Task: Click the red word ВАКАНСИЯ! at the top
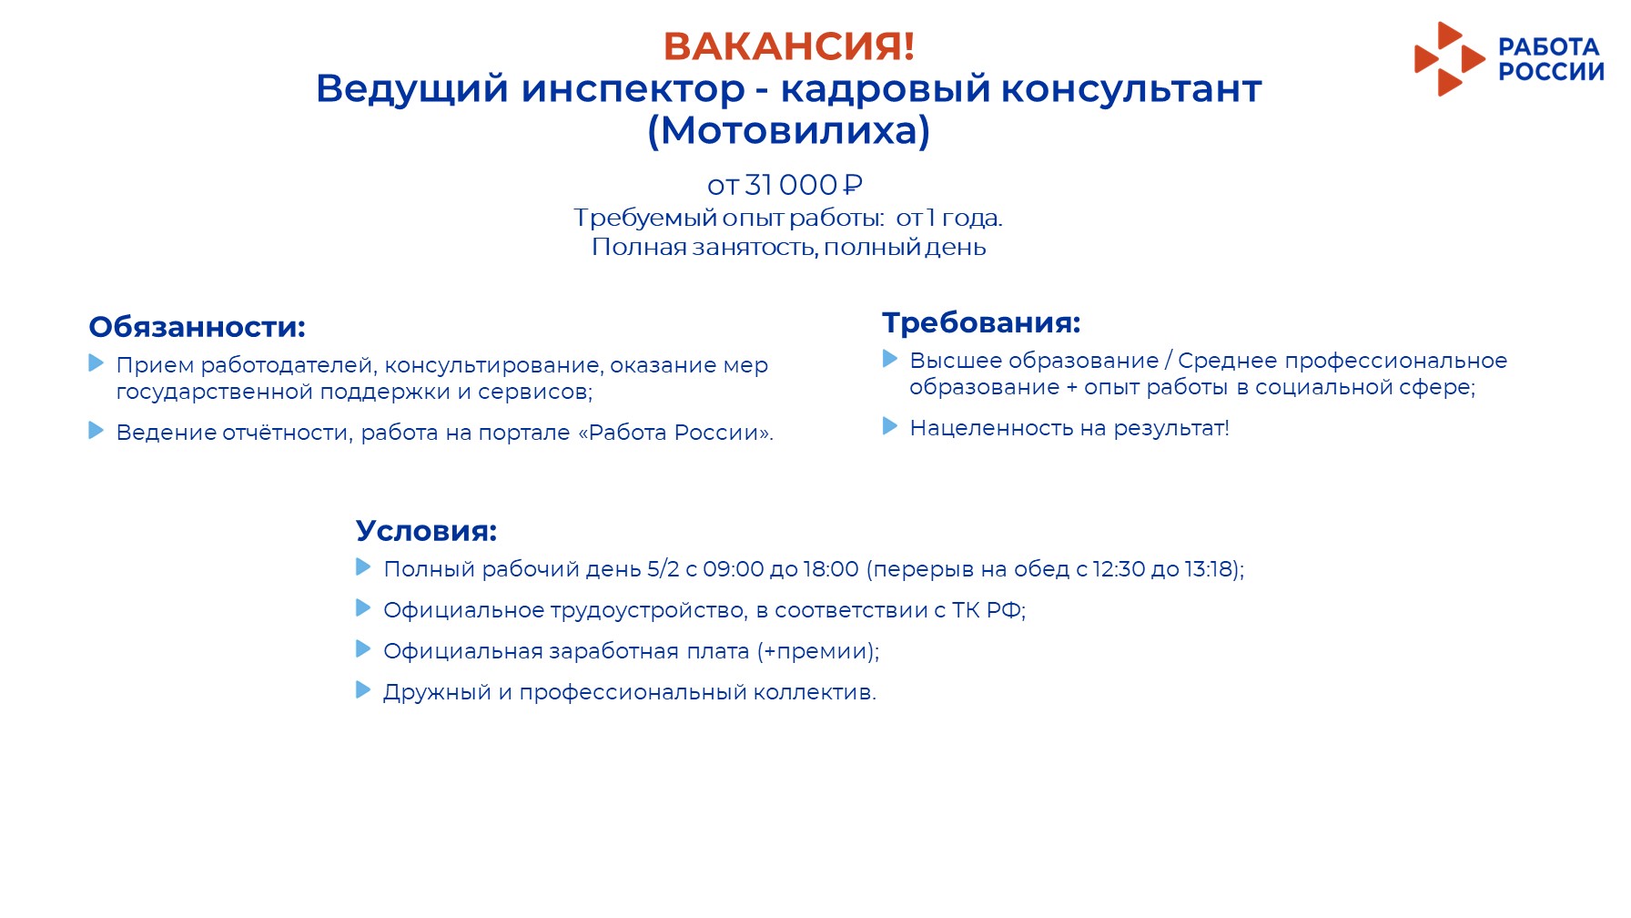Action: click(x=789, y=46)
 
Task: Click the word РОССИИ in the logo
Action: click(x=1551, y=72)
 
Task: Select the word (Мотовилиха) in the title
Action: click(x=789, y=130)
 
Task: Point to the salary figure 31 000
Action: click(x=791, y=185)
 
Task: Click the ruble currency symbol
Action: click(x=853, y=185)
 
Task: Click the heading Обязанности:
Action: click(x=197, y=326)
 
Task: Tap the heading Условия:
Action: click(x=426, y=530)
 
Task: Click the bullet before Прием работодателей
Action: click(x=96, y=362)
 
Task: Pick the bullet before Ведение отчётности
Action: click(x=96, y=430)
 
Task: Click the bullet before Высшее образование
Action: click(x=890, y=359)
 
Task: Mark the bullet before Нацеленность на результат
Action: click(x=890, y=426)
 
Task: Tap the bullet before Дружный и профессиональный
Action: click(x=363, y=689)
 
